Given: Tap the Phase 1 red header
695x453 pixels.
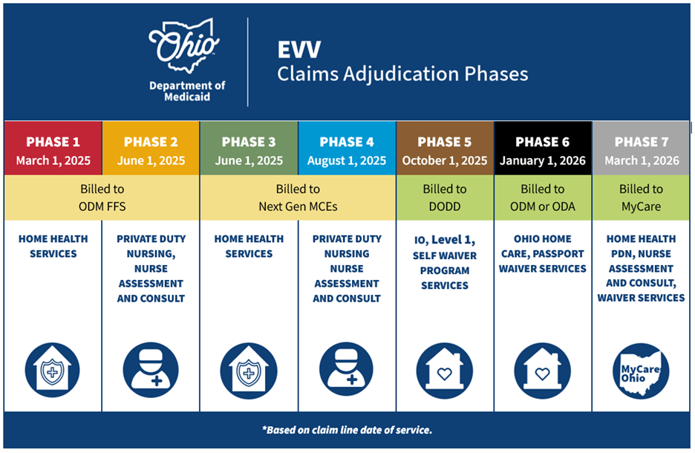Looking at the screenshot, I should point(53,150).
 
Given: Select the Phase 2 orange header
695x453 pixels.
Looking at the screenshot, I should point(151,150).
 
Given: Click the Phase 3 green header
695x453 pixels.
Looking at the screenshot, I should point(249,150).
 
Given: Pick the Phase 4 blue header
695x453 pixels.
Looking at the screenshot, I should point(347,150).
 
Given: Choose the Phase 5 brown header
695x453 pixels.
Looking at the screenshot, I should point(445,150).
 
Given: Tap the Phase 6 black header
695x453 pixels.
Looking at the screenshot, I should point(543,150).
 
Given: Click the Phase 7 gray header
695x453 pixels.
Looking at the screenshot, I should point(640,150).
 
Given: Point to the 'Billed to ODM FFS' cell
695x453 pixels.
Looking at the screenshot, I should point(102,198).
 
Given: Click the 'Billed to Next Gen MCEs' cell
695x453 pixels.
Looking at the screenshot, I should point(298,198).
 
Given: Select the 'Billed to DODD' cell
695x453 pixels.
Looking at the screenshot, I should point(445,198).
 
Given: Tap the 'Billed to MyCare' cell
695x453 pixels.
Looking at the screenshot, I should point(640,198).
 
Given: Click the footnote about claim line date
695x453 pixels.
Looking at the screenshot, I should point(347,430).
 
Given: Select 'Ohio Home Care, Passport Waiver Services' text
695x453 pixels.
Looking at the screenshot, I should point(543,253).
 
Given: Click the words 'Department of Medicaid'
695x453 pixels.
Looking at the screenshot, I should point(186,91).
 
